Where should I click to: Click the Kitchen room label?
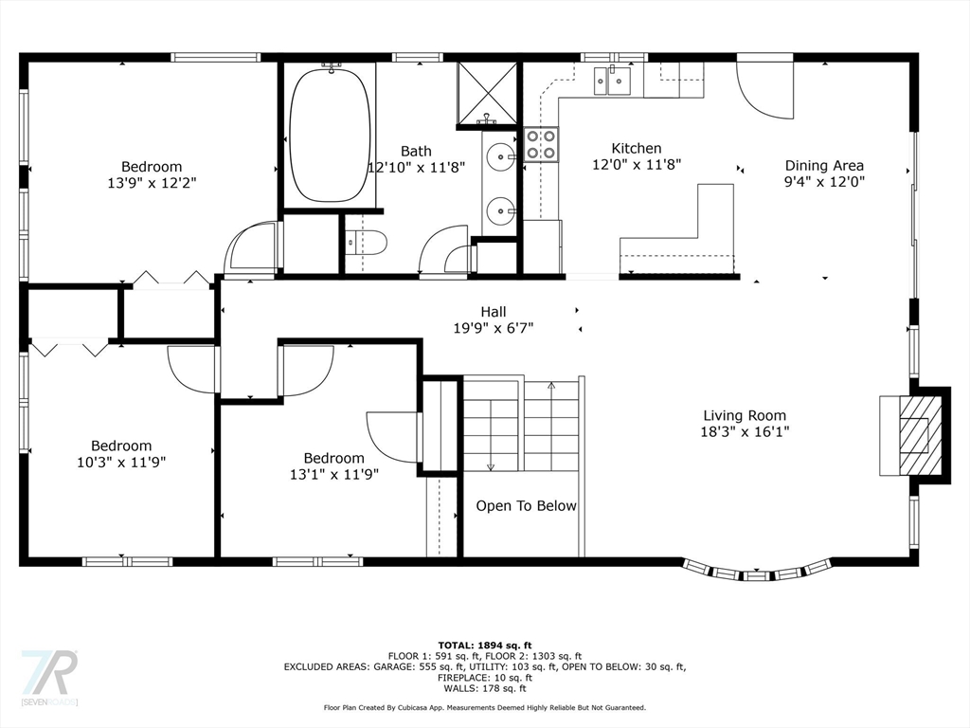637,148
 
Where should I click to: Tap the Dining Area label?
824,165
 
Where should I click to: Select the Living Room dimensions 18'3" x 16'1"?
745,431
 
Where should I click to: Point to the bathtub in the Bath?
330,135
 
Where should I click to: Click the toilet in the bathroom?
366,242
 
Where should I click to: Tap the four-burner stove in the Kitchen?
541,144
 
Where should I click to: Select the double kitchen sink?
612,82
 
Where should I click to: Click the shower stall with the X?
488,93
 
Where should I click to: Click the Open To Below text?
526,506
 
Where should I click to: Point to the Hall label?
493,311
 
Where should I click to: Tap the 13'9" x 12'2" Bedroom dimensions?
153,183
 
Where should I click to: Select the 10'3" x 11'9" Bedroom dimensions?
121,462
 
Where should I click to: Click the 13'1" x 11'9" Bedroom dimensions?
334,474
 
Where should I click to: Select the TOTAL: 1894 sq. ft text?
485,645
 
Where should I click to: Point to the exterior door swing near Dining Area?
764,86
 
